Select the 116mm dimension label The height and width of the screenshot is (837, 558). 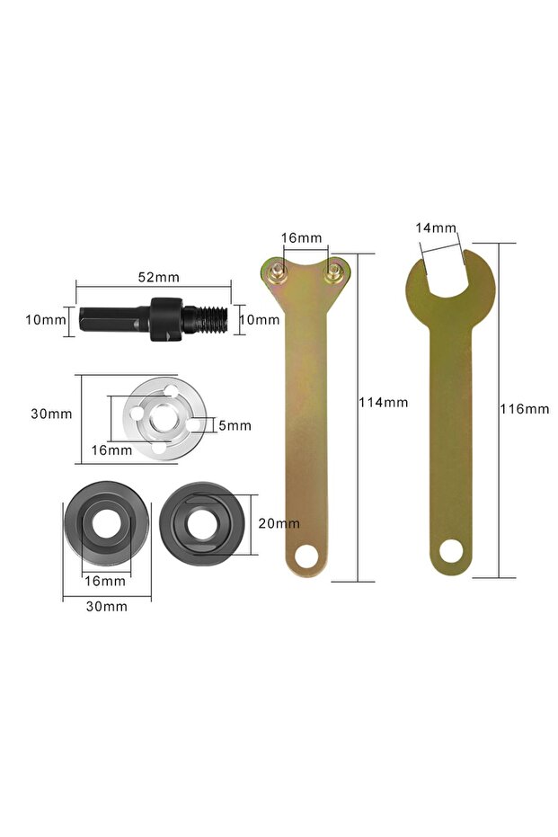click(x=524, y=408)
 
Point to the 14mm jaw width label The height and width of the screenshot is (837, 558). click(x=437, y=228)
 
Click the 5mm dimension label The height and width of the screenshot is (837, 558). click(x=235, y=425)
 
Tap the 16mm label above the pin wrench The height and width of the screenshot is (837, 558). click(x=301, y=238)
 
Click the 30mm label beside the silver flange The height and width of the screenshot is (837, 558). click(x=51, y=414)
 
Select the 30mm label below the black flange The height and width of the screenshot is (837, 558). click(x=106, y=606)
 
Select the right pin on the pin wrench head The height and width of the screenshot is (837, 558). click(x=336, y=266)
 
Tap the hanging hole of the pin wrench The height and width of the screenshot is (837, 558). click(x=307, y=556)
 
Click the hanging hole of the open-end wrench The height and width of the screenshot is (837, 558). click(x=451, y=550)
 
